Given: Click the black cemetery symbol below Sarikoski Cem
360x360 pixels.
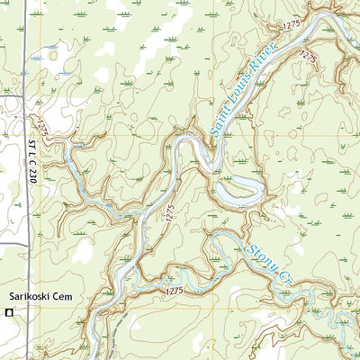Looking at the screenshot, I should [9, 312].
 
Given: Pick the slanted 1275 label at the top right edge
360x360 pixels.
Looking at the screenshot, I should [308, 56].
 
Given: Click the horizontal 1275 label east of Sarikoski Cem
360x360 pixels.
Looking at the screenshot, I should [174, 292].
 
